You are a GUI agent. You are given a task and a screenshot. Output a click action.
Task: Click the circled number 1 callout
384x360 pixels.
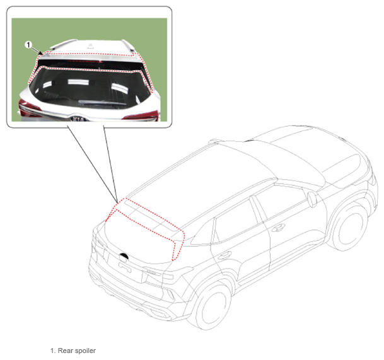click(x=28, y=45)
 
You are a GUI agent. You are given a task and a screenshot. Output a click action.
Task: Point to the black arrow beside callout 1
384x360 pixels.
click(x=37, y=50)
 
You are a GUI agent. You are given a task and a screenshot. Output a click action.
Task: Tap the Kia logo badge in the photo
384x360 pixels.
click(x=78, y=119)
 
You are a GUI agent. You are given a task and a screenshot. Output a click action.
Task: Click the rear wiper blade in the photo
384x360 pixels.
click(x=102, y=102)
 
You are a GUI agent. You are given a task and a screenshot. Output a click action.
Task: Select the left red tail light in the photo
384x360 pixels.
click(x=28, y=108)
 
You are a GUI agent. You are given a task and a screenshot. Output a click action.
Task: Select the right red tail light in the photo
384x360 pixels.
click(x=141, y=115)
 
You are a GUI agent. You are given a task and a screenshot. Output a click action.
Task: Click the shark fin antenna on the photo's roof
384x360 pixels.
click(x=90, y=45)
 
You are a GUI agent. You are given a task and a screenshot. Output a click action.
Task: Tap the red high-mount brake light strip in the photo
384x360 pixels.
click(x=84, y=61)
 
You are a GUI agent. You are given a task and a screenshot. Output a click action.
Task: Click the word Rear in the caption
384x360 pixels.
click(x=66, y=351)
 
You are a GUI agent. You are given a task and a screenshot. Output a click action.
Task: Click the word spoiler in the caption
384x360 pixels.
click(x=85, y=351)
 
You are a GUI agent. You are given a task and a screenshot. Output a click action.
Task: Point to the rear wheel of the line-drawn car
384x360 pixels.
click(x=211, y=305)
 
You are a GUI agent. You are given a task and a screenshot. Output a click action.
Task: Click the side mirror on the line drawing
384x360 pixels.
click(x=312, y=199)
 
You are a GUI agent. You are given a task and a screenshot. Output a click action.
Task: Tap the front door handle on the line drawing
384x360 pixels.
click(x=278, y=228)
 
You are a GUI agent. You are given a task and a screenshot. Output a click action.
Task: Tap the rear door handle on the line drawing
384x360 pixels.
click(x=225, y=255)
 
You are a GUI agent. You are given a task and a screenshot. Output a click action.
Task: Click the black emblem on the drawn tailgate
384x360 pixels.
click(x=124, y=256)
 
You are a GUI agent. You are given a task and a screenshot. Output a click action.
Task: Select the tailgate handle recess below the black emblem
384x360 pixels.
click(x=125, y=267)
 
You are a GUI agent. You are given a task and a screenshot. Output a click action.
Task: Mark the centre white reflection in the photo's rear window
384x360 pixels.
click(x=78, y=82)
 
